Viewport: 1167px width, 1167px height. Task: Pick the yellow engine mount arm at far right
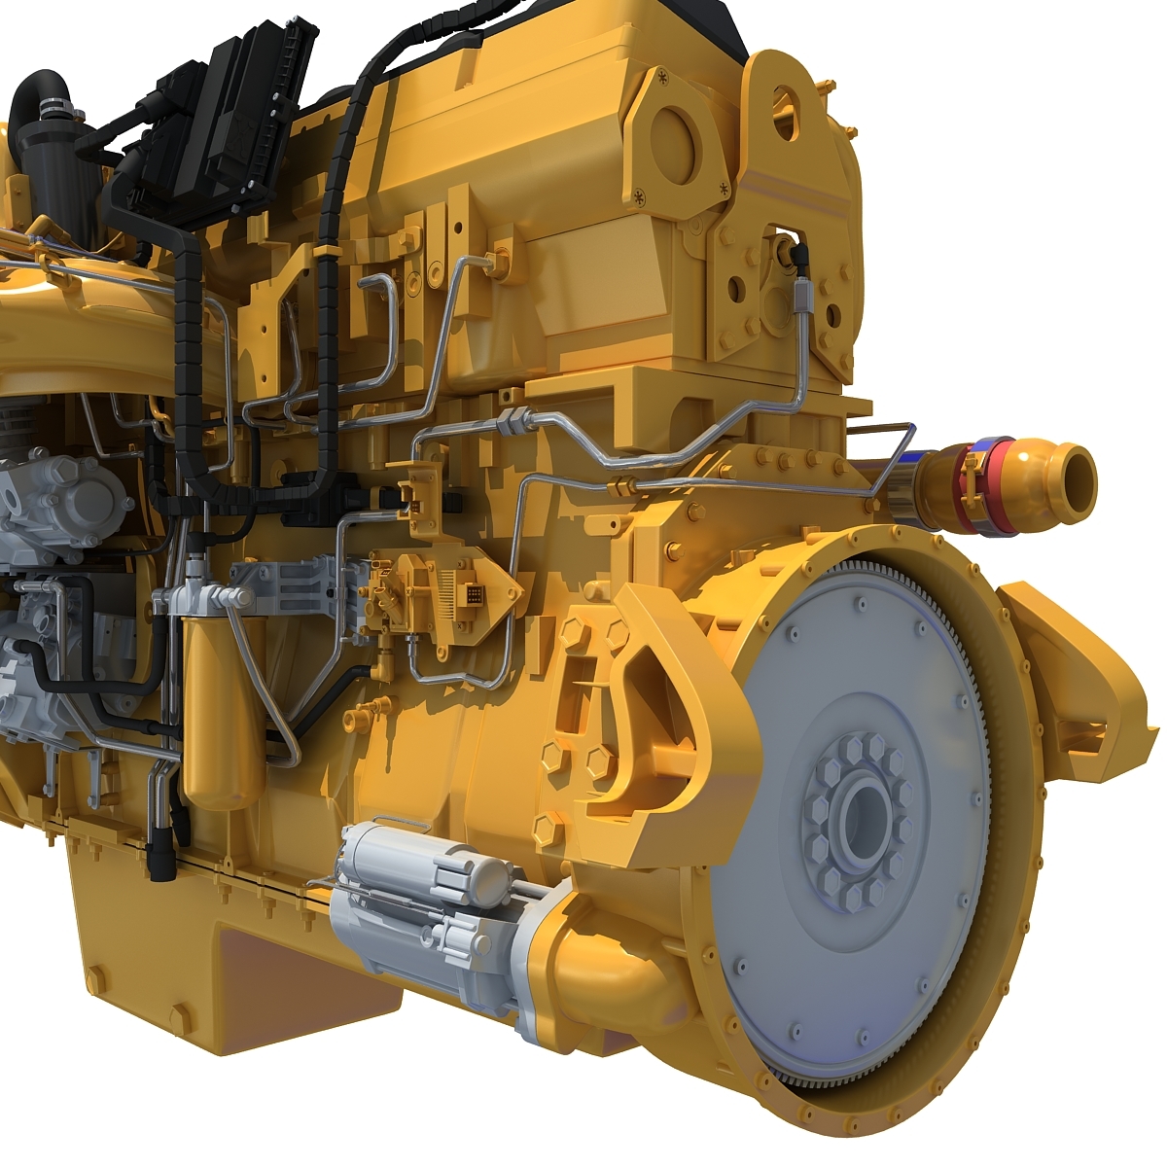coord(1079,671)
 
